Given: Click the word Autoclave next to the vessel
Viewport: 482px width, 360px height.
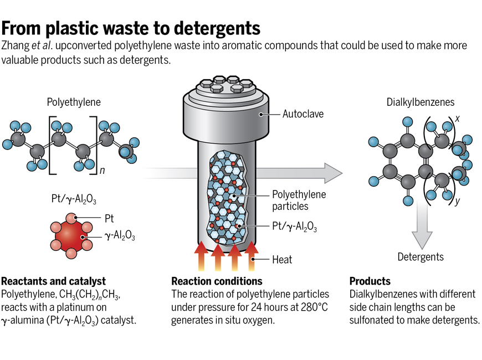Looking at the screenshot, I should click(303, 115).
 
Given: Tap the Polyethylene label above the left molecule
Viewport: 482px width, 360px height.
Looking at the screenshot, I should click(74, 102).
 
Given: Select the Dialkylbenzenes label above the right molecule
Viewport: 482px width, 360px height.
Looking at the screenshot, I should click(420, 102).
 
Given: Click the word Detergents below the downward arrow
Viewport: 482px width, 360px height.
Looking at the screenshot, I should click(421, 256).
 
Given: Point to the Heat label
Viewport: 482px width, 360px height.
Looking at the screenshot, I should click(282, 259).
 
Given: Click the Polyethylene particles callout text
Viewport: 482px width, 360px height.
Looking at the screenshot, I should click(299, 200).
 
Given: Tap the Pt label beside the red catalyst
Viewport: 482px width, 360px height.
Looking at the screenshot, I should click(110, 219).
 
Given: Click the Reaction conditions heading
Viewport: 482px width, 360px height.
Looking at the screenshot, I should click(217, 281).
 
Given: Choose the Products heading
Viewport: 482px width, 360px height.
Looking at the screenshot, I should click(370, 281).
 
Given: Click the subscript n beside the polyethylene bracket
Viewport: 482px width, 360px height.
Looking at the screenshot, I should click(102, 171).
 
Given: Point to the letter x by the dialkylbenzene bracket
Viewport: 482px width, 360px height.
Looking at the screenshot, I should click(458, 118).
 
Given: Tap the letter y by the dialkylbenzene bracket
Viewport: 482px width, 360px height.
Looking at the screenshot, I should click(457, 201).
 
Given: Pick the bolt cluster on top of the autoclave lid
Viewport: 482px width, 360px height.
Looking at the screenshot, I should click(222, 85).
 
